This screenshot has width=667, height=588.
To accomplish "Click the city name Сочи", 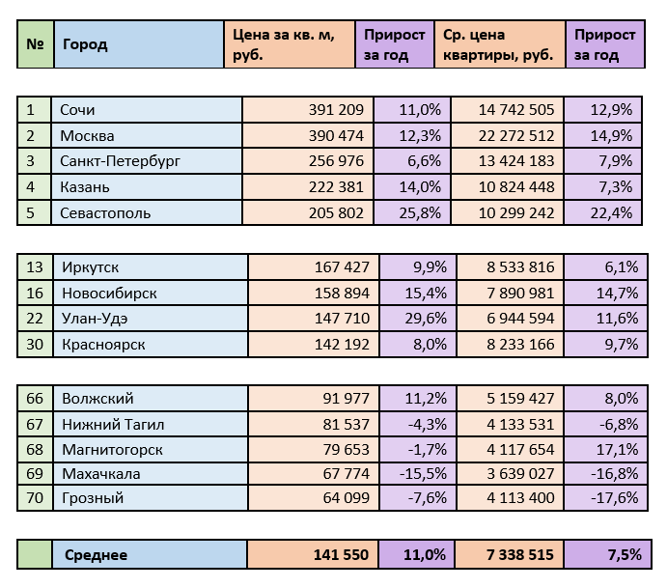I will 77,110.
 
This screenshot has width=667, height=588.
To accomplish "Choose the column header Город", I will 85,44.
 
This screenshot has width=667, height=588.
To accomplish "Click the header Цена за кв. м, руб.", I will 284,44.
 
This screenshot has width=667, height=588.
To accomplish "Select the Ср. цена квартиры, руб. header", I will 498,44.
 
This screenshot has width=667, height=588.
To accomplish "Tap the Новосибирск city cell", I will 109,293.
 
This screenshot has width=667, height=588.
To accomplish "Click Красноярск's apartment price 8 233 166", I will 516,343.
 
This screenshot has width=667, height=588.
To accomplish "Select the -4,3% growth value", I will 426,423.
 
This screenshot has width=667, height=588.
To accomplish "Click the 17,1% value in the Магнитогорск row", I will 619,448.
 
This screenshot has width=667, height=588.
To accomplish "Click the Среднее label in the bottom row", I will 96,554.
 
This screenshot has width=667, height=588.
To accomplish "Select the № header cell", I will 35,44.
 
